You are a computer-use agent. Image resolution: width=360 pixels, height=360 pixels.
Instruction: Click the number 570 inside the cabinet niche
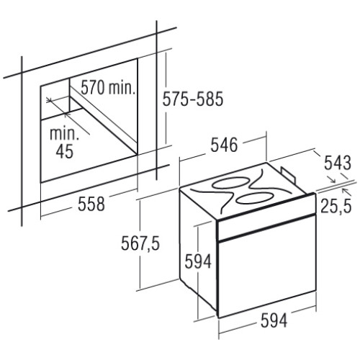tap(93, 88)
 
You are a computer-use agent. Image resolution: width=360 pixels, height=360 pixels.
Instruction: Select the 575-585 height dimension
tap(193, 99)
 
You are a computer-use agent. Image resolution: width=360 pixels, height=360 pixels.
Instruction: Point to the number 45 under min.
tap(64, 151)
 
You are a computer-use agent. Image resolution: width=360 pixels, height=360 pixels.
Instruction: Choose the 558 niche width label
tap(91, 204)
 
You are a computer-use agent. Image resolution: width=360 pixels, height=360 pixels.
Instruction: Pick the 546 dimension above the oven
tap(224, 145)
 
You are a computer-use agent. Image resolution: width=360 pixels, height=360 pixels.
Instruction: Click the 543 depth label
tap(338, 163)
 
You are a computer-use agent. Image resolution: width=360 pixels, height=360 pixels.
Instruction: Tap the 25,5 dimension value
tap(336, 206)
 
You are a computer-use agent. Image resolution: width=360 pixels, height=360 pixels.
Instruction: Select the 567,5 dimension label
tap(140, 243)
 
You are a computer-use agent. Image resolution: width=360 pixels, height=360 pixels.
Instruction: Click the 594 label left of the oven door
tap(198, 261)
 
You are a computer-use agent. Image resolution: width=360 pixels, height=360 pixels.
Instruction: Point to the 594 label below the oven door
tap(274, 320)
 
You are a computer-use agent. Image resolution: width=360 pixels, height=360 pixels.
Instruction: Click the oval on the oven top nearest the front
tap(255, 198)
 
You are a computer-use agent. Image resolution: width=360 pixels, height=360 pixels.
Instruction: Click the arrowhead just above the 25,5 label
tap(345, 191)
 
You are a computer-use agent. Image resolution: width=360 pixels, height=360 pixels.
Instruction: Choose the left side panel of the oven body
tap(198, 250)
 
